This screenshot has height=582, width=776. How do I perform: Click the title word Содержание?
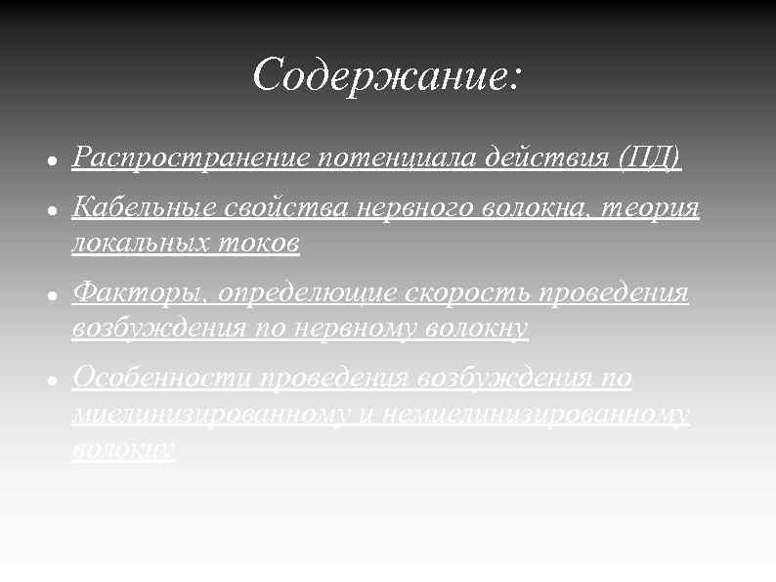tap(381, 75)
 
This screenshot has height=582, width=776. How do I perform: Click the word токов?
tap(267, 244)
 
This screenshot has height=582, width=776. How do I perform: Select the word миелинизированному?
tap(209, 415)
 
